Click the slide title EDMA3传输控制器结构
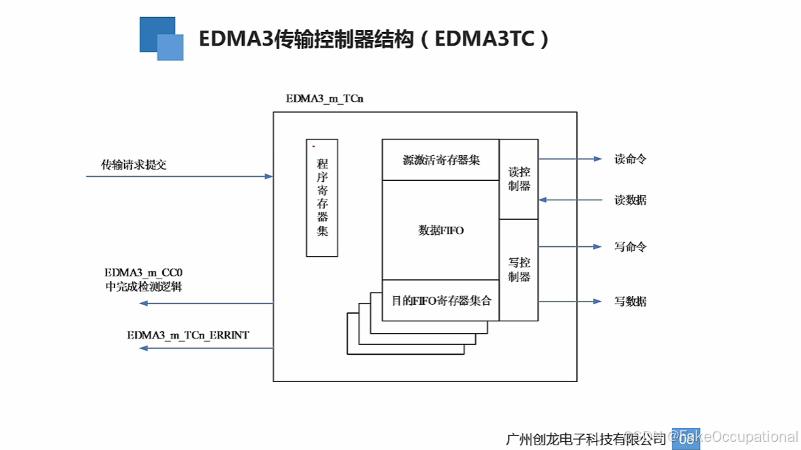pos(374,39)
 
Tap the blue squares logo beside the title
pos(162,39)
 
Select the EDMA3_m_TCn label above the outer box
pos(324,99)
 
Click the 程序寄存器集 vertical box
pos(322,197)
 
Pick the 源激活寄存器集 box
pos(440,160)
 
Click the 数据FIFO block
pos(440,230)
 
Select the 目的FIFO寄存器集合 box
pos(440,300)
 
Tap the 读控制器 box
pos(519,179)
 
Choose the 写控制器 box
pos(519,270)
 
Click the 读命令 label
pos(630,159)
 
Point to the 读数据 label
pos(630,200)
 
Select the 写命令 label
pos(630,246)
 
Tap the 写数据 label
pos(630,301)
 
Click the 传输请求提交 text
pos(134,165)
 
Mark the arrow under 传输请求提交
pos(179,176)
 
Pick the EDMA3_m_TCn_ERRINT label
pos(188,335)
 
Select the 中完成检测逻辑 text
pos(144,287)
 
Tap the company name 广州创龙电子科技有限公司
pos(586,437)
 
